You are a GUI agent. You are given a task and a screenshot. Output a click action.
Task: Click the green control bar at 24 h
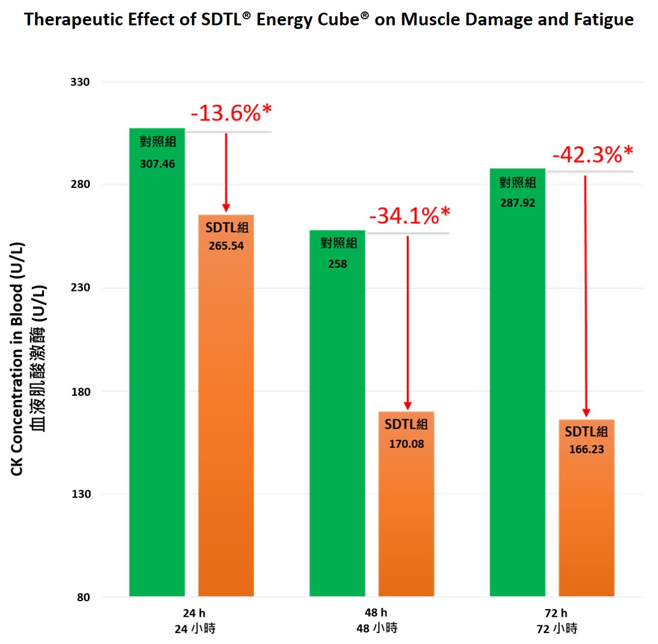(x=157, y=361)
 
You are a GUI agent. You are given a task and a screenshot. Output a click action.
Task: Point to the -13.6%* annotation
(x=232, y=113)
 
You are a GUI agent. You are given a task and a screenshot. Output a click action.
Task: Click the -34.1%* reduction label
(x=409, y=215)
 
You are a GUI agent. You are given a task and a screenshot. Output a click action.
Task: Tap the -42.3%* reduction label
(x=592, y=154)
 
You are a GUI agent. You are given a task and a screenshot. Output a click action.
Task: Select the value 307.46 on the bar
(x=157, y=163)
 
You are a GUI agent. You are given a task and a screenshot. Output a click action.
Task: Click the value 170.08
(x=406, y=445)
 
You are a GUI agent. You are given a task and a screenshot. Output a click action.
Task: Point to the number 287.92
(x=518, y=203)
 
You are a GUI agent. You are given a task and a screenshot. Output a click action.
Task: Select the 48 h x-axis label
(x=376, y=613)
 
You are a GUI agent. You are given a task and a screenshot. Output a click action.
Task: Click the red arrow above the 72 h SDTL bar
(x=585, y=295)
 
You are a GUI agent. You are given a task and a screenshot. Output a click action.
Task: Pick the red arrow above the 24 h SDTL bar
(x=226, y=172)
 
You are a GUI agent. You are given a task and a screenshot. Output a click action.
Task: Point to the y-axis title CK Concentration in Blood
(x=17, y=361)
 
